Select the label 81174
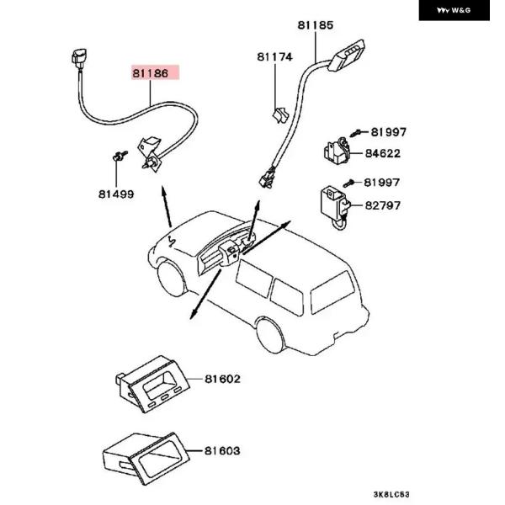click(x=274, y=57)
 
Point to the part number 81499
click(x=116, y=194)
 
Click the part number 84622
click(x=383, y=154)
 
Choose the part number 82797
click(x=383, y=205)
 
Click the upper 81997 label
click(x=388, y=132)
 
